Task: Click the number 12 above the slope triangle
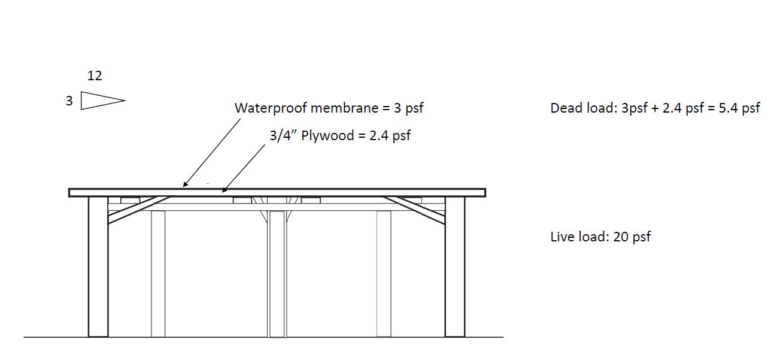click(95, 76)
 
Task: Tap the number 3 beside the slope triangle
click(69, 101)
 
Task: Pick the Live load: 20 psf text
click(600, 237)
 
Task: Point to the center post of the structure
click(277, 273)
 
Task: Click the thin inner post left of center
click(158, 273)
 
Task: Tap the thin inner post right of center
click(384, 273)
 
